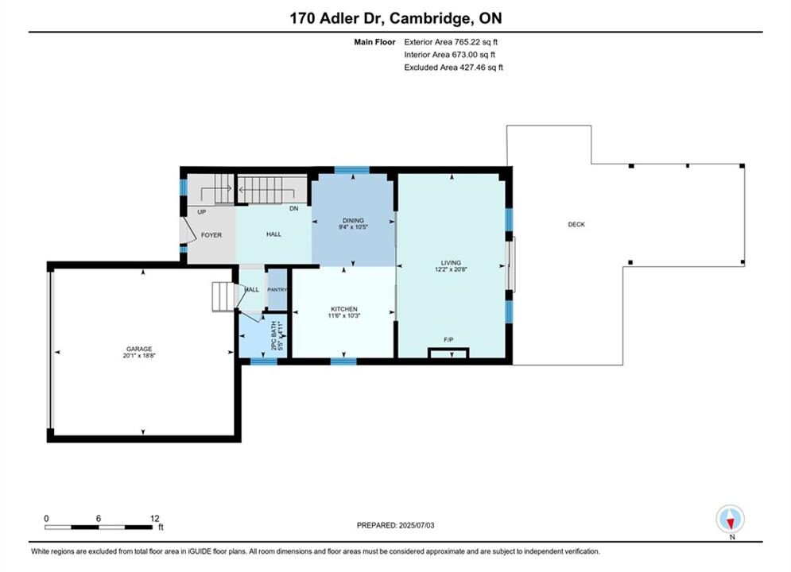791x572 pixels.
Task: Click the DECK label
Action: pyautogui.click(x=576, y=224)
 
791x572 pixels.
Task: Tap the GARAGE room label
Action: pyautogui.click(x=139, y=349)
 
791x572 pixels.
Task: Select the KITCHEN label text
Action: pyautogui.click(x=344, y=309)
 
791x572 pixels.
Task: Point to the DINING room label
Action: pyautogui.click(x=353, y=220)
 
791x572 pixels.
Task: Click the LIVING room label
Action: pyautogui.click(x=451, y=263)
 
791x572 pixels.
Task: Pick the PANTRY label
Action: pyautogui.click(x=277, y=290)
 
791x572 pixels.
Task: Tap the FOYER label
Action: pyautogui.click(x=211, y=235)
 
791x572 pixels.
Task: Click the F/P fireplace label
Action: pyautogui.click(x=448, y=340)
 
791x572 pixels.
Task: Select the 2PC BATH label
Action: pyautogui.click(x=274, y=335)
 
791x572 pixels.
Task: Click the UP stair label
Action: pyautogui.click(x=202, y=211)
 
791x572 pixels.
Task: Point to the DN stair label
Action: pyautogui.click(x=293, y=208)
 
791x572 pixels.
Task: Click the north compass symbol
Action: pyautogui.click(x=730, y=519)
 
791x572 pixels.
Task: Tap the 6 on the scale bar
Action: pyautogui.click(x=99, y=518)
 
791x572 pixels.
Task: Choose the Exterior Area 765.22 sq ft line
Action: pyautogui.click(x=451, y=42)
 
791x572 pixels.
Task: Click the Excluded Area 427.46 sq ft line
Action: pyautogui.click(x=453, y=67)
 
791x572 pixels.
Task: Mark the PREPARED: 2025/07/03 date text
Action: pyautogui.click(x=396, y=525)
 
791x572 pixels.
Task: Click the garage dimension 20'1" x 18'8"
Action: pyautogui.click(x=139, y=355)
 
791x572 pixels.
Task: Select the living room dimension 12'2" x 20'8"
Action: pyautogui.click(x=451, y=269)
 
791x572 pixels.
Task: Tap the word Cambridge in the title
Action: pyautogui.click(x=428, y=18)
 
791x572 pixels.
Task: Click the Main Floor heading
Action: pyautogui.click(x=374, y=42)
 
